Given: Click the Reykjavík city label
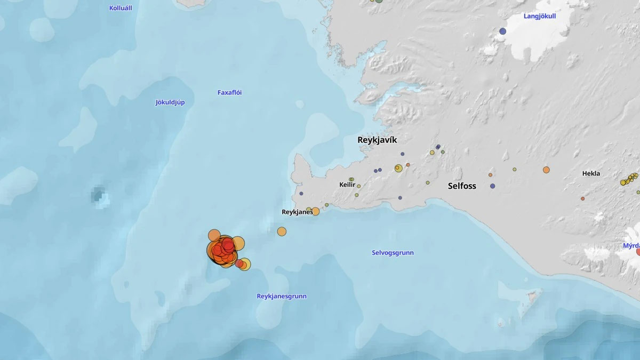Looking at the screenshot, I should coord(377,140).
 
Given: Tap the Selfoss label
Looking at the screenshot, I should coord(462,186).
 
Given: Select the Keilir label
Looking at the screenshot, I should coord(347,185).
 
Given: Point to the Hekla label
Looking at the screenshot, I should coord(591,173).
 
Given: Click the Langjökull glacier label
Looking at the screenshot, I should coord(540,16).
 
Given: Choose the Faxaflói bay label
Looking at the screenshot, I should coord(229,92).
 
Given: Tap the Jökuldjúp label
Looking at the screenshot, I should coord(170,102).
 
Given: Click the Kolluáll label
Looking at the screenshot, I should coord(121,8).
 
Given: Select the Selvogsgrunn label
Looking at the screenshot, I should coord(393,253).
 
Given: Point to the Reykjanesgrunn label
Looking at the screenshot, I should coord(282,296).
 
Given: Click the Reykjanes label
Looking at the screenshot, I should coord(297,212).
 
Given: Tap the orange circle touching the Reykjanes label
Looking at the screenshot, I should coord(315,211).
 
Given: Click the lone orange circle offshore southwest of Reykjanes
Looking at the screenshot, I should coord(282,231).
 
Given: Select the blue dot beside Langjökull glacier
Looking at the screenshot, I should coord(502,31).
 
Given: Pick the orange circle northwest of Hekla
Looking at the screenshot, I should coord(546,170).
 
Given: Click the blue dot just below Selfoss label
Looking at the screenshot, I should coord(492,186).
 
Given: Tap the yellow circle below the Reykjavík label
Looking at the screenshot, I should coord(398,168).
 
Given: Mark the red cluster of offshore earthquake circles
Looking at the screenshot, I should coord(223,250).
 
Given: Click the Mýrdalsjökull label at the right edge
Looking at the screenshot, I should coord(631,246).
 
